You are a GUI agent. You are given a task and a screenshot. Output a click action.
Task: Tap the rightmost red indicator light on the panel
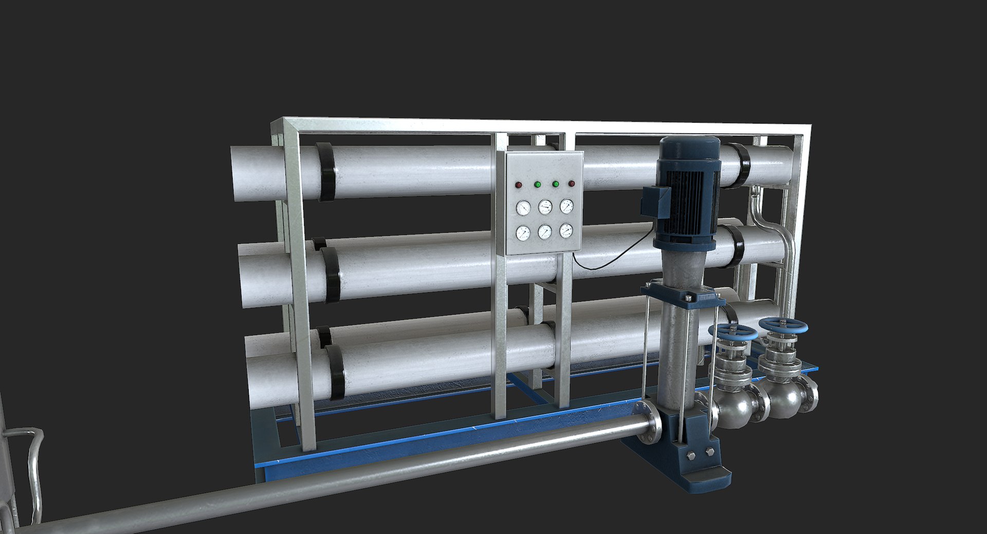tap(571, 184)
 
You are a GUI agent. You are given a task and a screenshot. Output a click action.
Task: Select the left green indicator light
tap(537, 184)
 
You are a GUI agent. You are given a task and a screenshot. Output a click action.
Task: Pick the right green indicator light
tap(555, 184)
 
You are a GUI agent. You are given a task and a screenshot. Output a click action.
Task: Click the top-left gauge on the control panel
tap(523, 208)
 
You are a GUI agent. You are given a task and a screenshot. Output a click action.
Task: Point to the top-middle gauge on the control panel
tap(545, 207)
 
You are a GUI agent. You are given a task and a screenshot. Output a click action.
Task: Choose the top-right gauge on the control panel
tap(566, 206)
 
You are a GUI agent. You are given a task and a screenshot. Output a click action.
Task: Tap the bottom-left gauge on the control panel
tap(523, 233)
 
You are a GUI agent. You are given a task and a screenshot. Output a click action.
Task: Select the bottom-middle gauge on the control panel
tap(545, 232)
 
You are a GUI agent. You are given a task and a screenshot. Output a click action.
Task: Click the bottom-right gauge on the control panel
tap(566, 230)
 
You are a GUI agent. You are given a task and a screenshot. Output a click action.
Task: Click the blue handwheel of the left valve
tap(733, 332)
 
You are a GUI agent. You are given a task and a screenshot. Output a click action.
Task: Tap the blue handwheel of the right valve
tap(783, 326)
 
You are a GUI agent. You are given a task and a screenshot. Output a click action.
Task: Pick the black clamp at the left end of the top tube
tap(325, 171)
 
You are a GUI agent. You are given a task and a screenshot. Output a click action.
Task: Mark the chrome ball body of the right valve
tap(785, 399)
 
